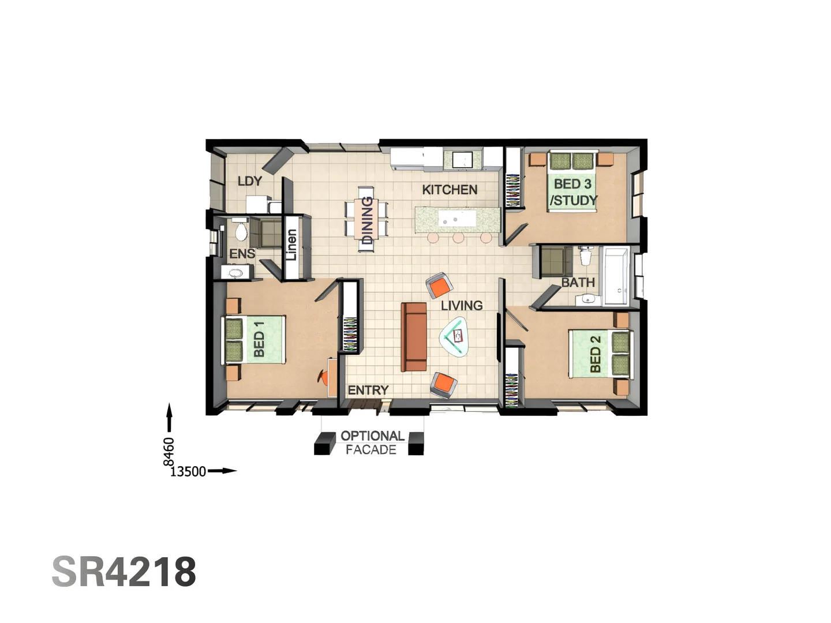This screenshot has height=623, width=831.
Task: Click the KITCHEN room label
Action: pos(450,190)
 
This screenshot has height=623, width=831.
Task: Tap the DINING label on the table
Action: pos(367,220)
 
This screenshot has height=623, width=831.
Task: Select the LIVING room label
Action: pos(462,305)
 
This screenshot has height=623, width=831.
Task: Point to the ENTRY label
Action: pos(368,391)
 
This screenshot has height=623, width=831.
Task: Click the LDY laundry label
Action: pos(250,181)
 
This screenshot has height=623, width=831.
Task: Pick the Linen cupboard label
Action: pos(292,245)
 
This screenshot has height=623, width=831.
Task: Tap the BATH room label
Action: pos(578,282)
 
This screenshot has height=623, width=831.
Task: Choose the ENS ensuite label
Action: pos(242,254)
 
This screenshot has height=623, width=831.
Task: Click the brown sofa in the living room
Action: pos(414,337)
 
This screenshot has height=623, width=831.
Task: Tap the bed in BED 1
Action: pos(254,340)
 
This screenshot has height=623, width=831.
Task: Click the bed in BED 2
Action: pos(600,353)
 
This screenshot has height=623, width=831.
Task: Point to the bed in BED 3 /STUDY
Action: pos(572,181)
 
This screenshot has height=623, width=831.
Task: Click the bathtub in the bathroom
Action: pos(616,276)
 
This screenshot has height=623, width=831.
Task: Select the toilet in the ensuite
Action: pos(241,231)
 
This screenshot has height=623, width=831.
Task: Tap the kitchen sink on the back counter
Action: pos(463,159)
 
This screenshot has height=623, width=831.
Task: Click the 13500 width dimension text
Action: pos(188,471)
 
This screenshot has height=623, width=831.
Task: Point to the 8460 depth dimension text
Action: pos(169,451)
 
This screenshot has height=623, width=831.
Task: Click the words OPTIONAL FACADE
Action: pos(372,442)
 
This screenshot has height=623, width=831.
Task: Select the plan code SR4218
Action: pos(124,572)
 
